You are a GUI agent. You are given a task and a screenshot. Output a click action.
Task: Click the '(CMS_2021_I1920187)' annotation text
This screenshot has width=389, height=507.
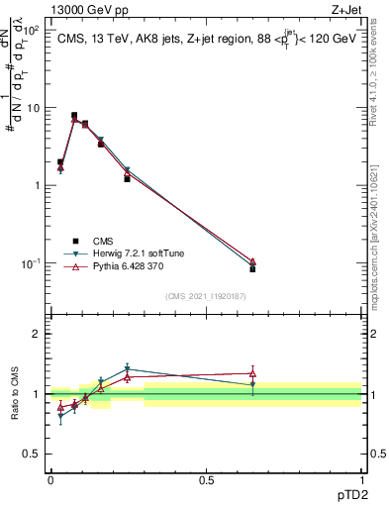[x=206, y=295]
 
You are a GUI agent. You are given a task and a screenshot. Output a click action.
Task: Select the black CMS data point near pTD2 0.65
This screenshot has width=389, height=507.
[x=252, y=268]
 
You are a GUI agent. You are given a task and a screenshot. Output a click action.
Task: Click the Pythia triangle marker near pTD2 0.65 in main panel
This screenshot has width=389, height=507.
[x=252, y=261]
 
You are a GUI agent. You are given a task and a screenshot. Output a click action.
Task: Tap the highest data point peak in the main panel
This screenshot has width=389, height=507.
[x=74, y=116]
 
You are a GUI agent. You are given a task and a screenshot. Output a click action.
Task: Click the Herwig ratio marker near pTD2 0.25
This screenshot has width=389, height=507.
[x=128, y=368]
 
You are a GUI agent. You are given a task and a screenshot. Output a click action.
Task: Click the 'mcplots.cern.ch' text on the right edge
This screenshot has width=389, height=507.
[x=380, y=267]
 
